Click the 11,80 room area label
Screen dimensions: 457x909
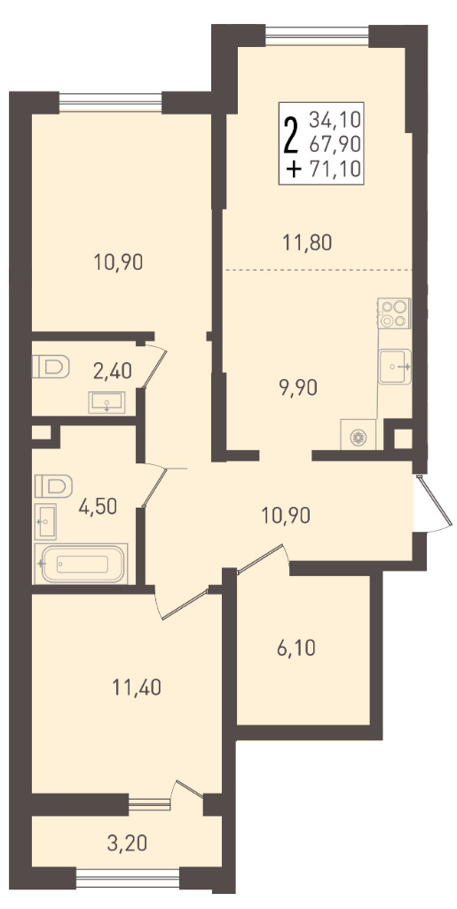point(307,241)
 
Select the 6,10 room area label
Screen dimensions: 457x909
point(295,647)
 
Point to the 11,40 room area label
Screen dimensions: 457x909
point(136,688)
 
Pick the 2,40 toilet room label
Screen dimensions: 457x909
point(113,370)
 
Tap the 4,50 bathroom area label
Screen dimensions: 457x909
point(98,506)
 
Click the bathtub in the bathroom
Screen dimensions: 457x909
point(81,563)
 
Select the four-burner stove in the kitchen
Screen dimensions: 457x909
point(394,313)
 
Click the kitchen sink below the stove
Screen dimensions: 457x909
point(395,367)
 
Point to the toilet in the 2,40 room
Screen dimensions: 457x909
point(51,367)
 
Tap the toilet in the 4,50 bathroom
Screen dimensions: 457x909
point(53,486)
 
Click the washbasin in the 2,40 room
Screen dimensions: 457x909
point(107,402)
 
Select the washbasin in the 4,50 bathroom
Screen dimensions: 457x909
point(45,522)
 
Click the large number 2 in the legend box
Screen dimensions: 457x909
point(292,134)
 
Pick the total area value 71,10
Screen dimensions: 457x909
point(335,169)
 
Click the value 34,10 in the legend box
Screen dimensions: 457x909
point(335,120)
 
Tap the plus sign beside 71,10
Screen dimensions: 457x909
point(295,170)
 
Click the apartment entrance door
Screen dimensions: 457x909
point(434,502)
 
